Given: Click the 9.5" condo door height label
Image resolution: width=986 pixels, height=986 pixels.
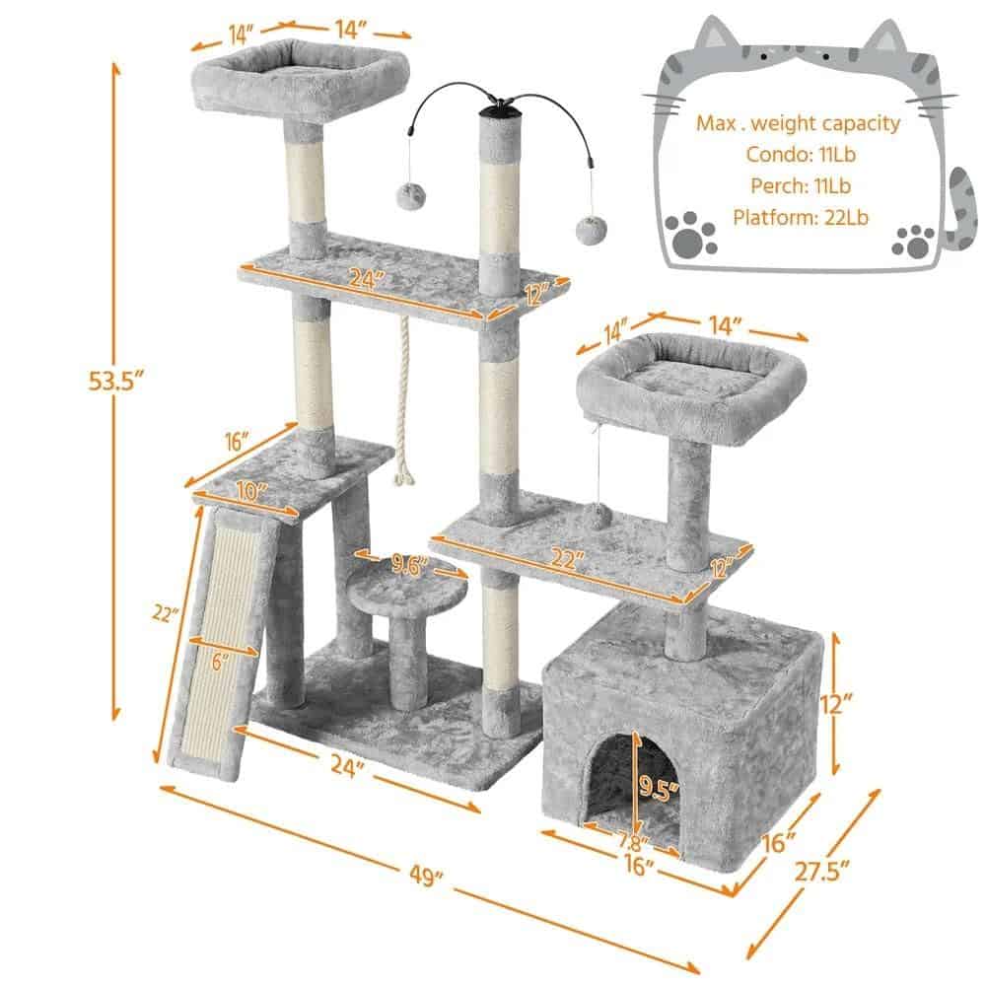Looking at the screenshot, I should click(658, 786).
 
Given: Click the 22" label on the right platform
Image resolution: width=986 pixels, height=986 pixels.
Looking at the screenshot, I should click(567, 559).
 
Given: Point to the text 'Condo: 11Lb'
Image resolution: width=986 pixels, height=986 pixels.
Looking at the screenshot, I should click(801, 154).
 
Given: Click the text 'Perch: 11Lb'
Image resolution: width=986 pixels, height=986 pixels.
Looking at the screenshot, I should click(801, 185).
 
